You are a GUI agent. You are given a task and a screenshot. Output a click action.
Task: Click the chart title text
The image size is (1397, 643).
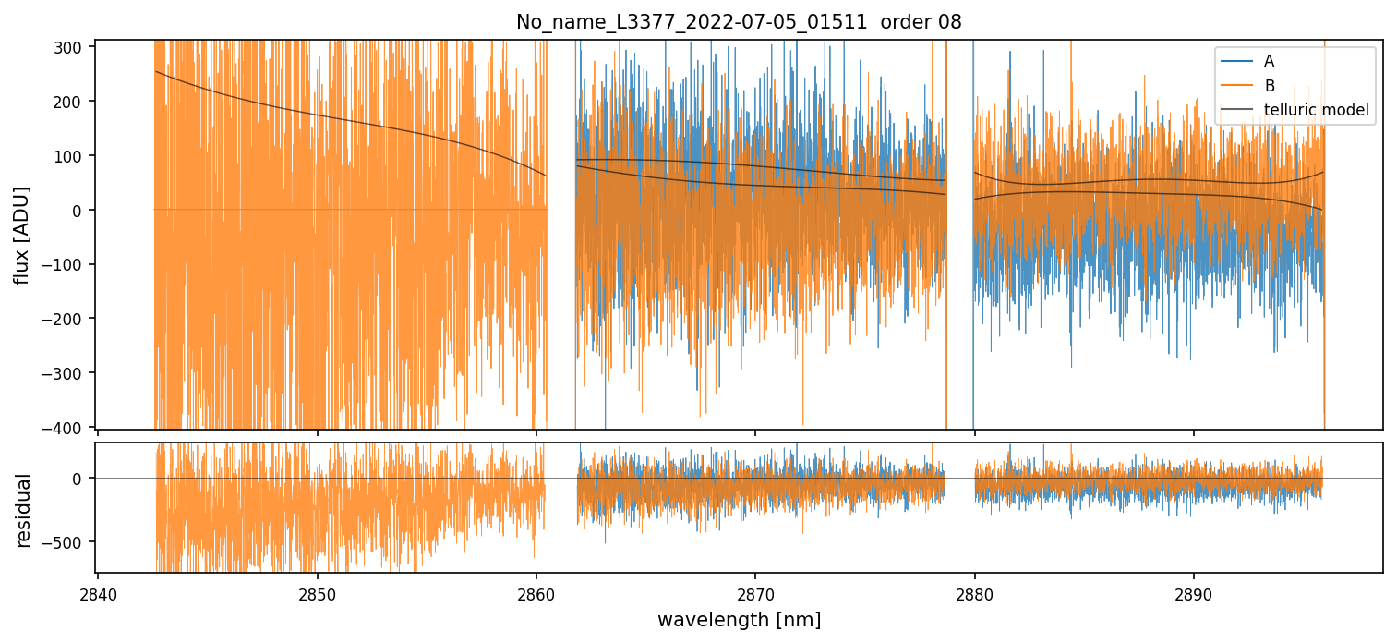click(739, 22)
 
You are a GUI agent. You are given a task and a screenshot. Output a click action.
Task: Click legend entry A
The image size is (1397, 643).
click(1269, 62)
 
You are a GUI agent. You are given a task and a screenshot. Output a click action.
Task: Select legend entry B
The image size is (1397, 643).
click(1269, 87)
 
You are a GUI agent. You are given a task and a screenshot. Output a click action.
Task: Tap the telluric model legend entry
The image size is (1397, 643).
click(1316, 112)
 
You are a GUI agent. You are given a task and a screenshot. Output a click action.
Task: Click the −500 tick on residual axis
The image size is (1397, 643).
click(69, 542)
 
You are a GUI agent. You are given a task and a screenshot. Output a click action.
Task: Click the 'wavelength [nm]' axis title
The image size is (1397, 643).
click(739, 620)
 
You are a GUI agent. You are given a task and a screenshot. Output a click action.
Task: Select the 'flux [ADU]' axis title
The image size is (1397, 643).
click(21, 235)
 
